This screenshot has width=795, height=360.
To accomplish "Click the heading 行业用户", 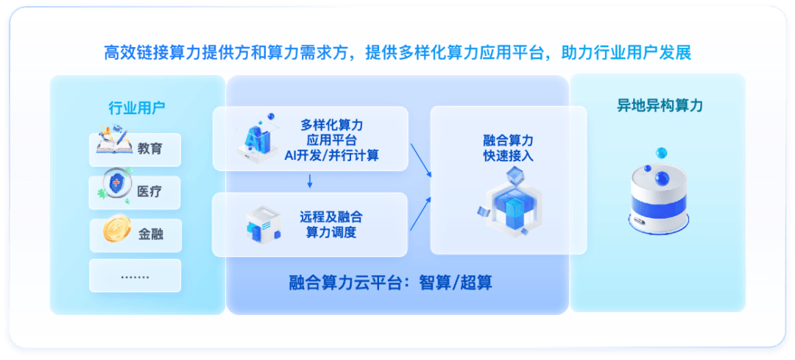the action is [137, 108].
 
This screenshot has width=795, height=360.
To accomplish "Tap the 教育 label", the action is [150, 149].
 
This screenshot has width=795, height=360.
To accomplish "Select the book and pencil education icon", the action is [115, 139].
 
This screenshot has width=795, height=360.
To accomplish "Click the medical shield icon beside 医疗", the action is [116, 185].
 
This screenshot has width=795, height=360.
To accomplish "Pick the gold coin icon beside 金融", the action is [116, 227].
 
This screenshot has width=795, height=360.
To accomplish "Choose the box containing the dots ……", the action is [135, 276].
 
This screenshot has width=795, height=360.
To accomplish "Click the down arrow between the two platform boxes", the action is [310, 181].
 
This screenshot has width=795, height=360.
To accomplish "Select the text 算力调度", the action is [331, 233].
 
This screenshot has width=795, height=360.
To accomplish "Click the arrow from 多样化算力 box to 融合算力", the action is [421, 160].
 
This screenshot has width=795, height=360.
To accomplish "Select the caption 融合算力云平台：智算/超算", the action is [391, 282].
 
